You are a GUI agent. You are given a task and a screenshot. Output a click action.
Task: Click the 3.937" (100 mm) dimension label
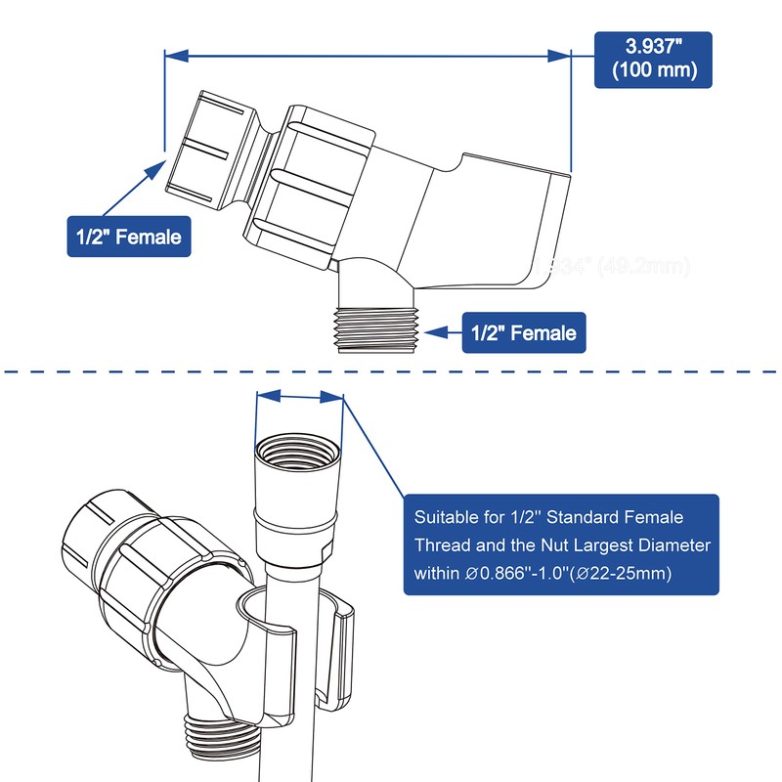click(x=653, y=59)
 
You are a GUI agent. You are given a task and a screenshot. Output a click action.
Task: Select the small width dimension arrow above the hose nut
click(x=299, y=396)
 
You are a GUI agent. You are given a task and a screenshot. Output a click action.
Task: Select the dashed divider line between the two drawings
click(x=391, y=371)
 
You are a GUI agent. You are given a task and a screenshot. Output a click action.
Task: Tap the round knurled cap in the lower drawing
click(x=93, y=533)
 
